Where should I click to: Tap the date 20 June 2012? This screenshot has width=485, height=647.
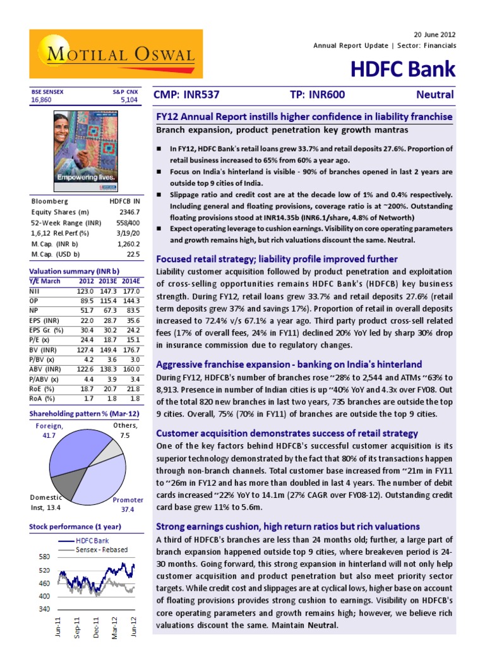pyautogui.click(x=433, y=33)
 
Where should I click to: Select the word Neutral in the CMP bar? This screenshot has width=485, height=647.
pyautogui.click(x=435, y=95)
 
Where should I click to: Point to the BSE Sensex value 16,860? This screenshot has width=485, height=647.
pyautogui.click(x=42, y=99)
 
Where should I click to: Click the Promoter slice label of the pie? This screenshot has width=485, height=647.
pyautogui.click(x=128, y=504)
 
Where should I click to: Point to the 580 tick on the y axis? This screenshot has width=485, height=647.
pyautogui.click(x=43, y=557)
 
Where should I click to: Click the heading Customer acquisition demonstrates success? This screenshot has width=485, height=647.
pyautogui.click(x=287, y=433)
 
